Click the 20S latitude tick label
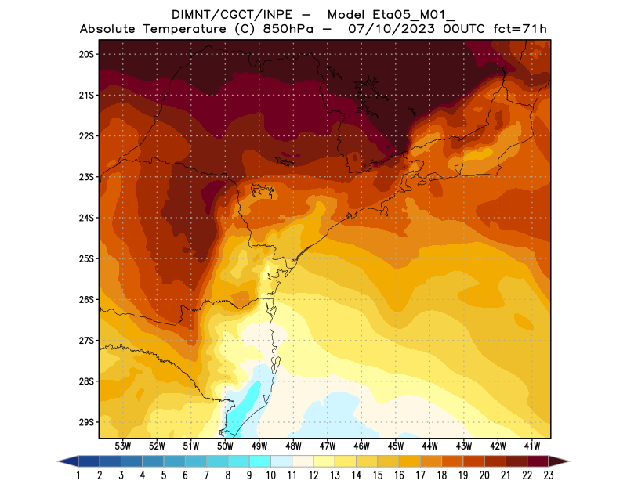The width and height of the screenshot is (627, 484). [x=86, y=54]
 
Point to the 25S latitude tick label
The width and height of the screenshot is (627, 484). [x=86, y=258]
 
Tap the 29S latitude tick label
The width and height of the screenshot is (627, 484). [x=86, y=422]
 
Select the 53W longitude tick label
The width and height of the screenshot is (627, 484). [x=123, y=446]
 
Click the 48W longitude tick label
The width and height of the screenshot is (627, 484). [x=294, y=446]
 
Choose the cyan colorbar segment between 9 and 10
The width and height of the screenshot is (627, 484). [x=260, y=461]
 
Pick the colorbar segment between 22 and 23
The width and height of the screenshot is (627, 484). [x=537, y=461]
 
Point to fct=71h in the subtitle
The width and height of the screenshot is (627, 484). [x=520, y=29]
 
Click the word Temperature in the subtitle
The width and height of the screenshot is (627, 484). [x=179, y=29]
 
